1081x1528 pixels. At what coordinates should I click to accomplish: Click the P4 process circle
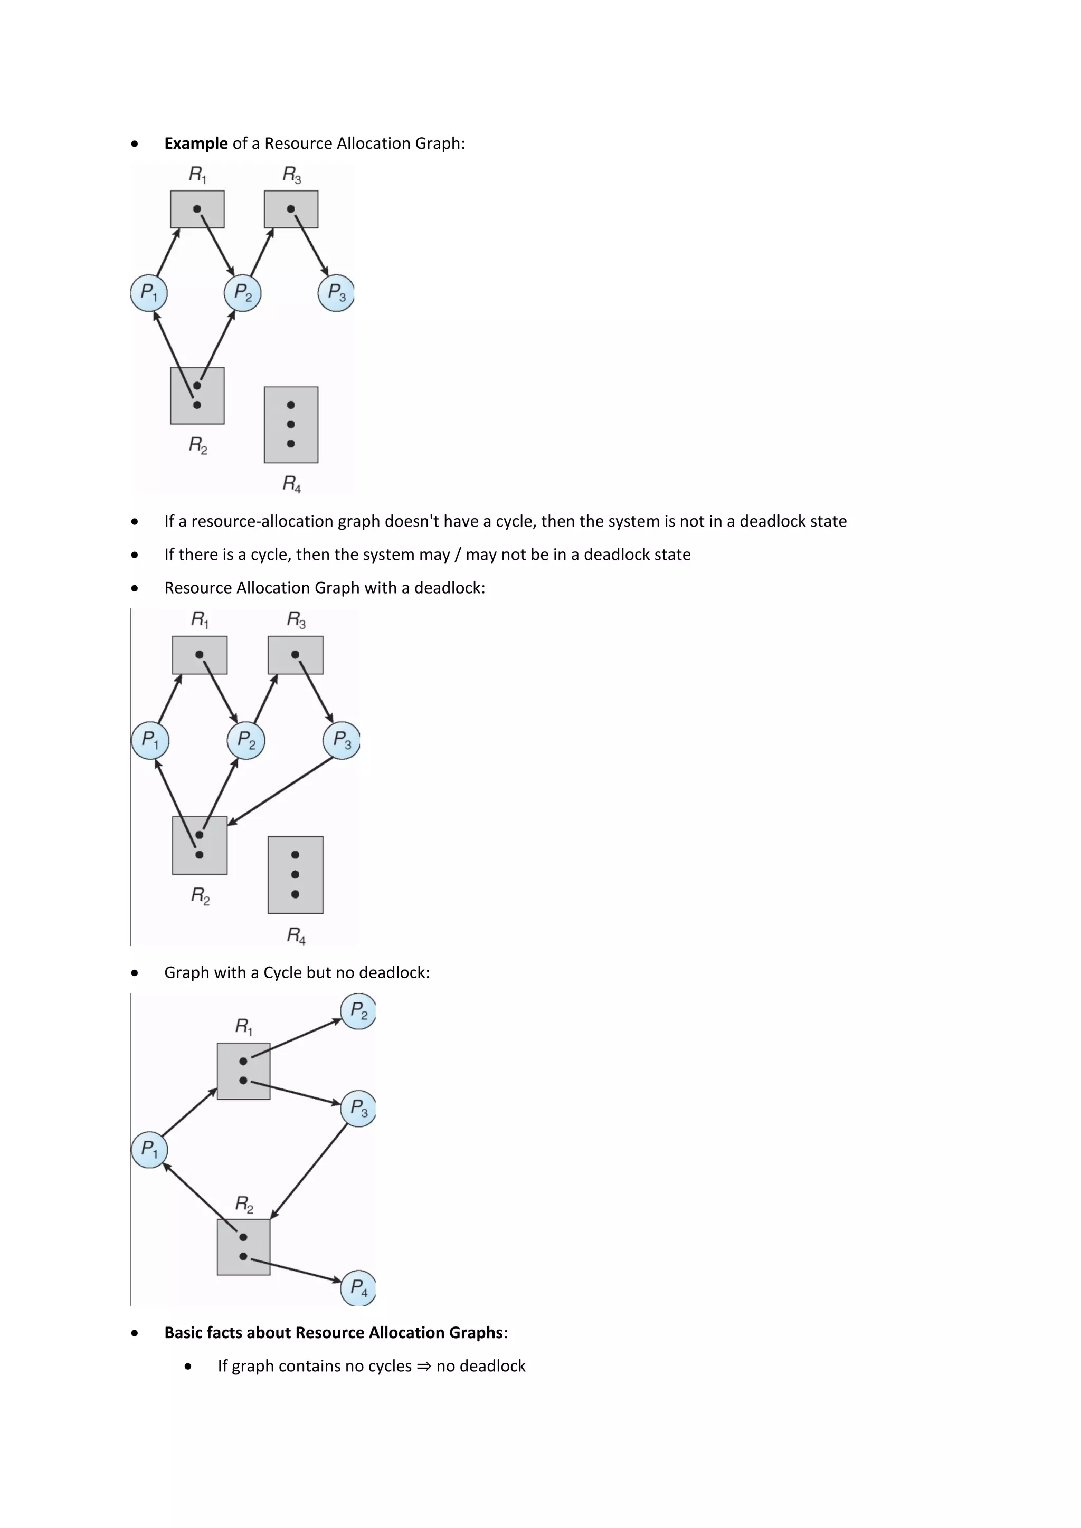[358, 1288]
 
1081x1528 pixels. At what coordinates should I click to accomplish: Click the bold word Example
[196, 143]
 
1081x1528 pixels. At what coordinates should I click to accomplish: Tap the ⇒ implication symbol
[423, 1366]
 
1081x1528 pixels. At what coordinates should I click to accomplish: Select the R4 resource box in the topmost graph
[291, 425]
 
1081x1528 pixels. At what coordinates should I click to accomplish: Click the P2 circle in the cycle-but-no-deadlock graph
[358, 1011]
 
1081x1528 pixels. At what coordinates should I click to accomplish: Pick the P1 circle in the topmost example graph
[148, 293]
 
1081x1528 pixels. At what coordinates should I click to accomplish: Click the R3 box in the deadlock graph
[296, 655]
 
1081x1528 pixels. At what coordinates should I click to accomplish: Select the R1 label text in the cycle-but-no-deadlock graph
[244, 1026]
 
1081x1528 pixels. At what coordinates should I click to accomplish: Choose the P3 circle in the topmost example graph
[336, 293]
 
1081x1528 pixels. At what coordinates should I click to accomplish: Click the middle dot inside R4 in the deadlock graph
[296, 874]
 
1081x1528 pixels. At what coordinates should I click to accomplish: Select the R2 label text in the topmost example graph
[198, 445]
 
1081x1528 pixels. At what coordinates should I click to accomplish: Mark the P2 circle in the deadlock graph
[245, 740]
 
